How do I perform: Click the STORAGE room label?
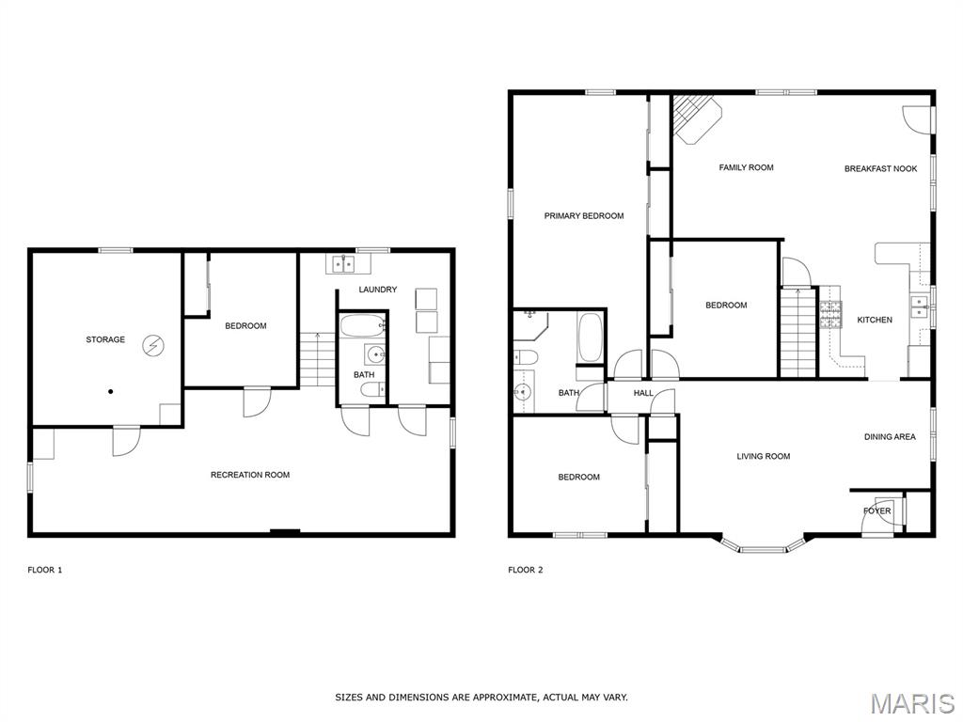105,339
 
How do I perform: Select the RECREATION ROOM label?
250,475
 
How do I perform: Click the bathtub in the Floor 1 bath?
362,326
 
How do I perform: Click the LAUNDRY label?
378,290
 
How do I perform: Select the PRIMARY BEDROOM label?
584,215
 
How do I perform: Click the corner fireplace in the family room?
696,118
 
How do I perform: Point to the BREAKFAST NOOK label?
880,168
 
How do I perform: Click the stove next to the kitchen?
830,315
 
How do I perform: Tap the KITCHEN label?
875,320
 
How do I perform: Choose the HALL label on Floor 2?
643,393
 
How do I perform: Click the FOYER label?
877,510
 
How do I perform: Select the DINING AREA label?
890,437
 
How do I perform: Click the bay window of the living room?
762,548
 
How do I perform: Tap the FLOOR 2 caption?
526,570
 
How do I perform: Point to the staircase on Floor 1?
318,360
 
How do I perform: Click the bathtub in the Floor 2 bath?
590,337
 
